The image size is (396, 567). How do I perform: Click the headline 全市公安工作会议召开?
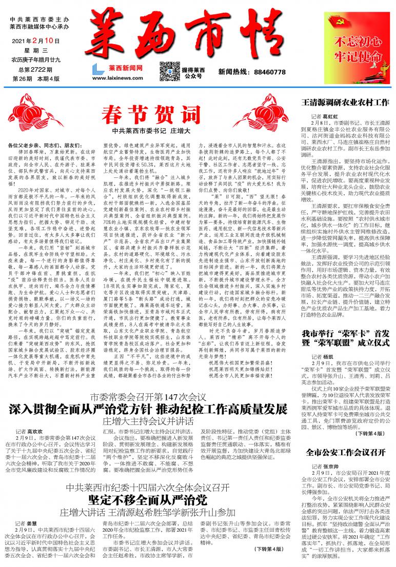(x=345, y=453)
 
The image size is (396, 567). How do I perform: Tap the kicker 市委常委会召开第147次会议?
(x=148, y=383)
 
